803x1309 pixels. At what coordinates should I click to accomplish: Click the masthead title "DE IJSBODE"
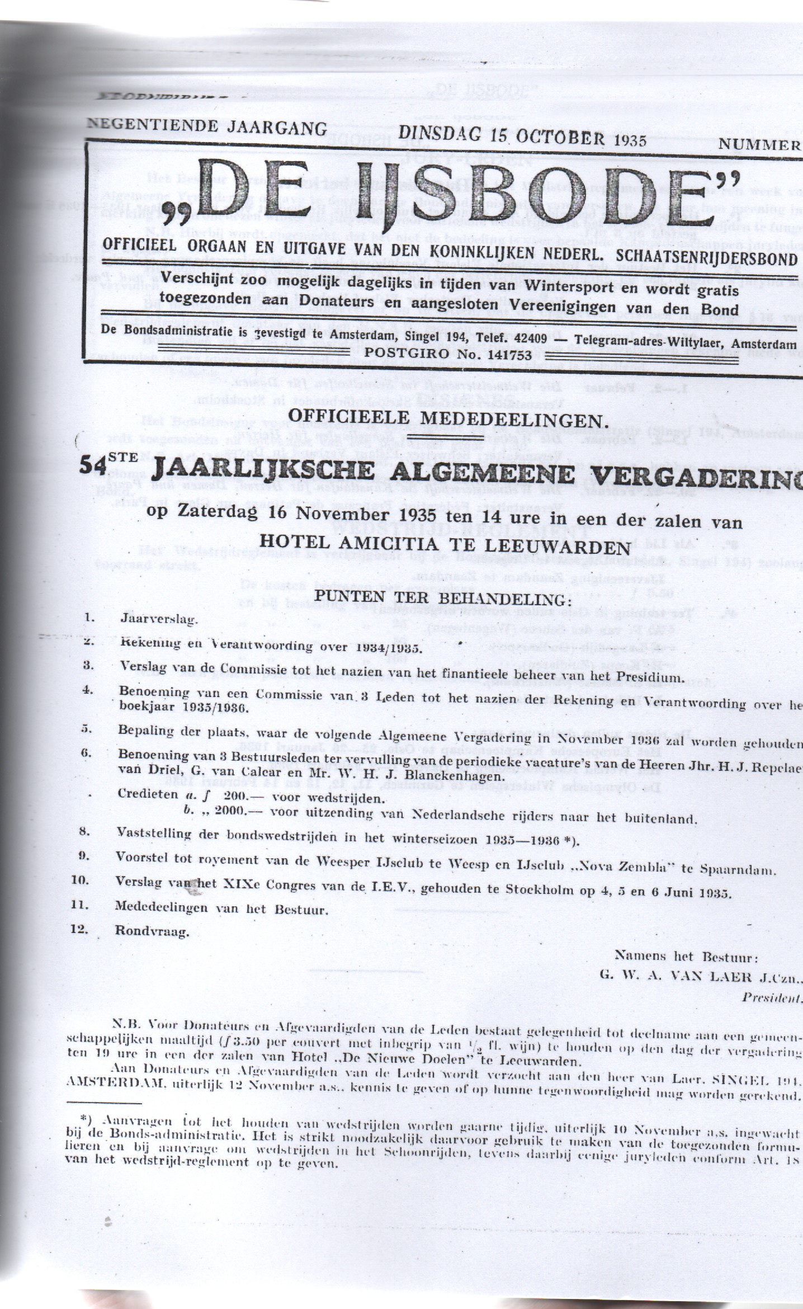[x=442, y=196]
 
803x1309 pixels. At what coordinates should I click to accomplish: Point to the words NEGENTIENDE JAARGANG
[x=207, y=128]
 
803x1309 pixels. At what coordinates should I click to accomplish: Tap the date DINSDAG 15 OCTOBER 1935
[x=522, y=138]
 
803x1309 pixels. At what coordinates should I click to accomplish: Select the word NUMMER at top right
[x=760, y=144]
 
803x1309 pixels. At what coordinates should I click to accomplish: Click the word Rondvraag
[x=153, y=932]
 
